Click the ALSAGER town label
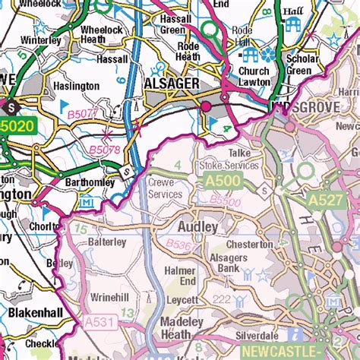(172, 83)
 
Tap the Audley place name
(197, 226)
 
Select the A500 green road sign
(220, 181)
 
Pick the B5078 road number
(105, 150)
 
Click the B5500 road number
(225, 202)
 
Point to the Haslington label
(76, 86)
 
